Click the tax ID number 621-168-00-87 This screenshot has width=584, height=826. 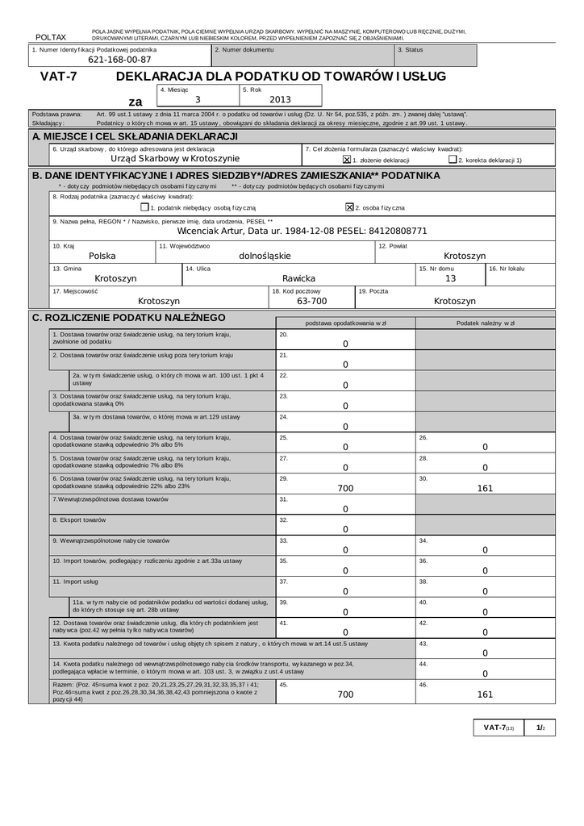tap(119, 60)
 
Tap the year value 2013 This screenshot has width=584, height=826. tap(280, 99)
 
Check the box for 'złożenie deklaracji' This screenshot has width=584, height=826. tap(347, 160)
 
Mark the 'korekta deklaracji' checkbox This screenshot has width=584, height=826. tap(453, 160)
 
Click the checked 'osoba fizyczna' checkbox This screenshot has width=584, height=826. tap(349, 206)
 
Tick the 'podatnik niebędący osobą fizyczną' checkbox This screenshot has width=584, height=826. tap(144, 206)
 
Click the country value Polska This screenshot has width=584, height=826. tap(102, 256)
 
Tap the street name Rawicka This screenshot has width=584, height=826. tap(298, 278)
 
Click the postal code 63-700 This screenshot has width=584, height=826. tap(311, 301)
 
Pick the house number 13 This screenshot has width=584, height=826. tap(450, 278)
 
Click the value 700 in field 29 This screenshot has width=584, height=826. tap(345, 488)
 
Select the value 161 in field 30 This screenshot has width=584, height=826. tap(485, 488)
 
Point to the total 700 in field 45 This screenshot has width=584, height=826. tap(345, 694)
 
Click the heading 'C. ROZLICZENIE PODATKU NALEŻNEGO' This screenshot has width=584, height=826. tap(128, 318)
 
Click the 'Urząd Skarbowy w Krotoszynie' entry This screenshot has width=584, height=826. tap(175, 158)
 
